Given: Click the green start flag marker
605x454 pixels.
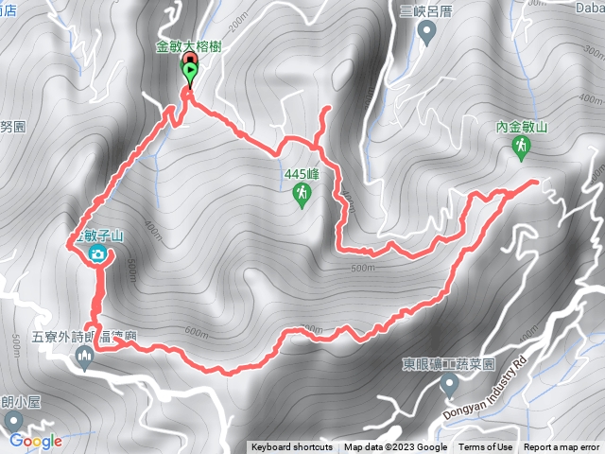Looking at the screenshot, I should [190, 71].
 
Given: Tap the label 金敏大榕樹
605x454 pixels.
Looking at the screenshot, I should [189, 46].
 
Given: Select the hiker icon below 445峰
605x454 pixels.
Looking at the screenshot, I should [302, 195].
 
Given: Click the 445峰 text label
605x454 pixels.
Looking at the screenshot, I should [302, 174].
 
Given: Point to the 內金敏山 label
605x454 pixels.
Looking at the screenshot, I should [521, 126].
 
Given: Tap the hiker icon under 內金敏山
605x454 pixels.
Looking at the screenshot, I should [521, 147].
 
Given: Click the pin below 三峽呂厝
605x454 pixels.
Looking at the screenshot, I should [426, 34].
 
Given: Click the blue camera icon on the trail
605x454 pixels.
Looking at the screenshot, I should [97, 254].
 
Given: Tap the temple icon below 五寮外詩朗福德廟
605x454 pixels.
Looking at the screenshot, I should [86, 357].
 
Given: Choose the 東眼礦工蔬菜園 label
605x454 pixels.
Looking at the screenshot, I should [450, 363].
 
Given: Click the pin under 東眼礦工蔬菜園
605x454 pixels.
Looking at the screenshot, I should [450, 384].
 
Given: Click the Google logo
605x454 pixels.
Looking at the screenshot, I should [36, 441].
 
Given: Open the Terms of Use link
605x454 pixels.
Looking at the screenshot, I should [486, 447].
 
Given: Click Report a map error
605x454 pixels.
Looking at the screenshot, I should [562, 447].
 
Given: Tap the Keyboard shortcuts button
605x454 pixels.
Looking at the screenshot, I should [291, 447].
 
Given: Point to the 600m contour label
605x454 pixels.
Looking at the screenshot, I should [197, 331].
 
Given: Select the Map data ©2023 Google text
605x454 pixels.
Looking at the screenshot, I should [395, 447].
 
